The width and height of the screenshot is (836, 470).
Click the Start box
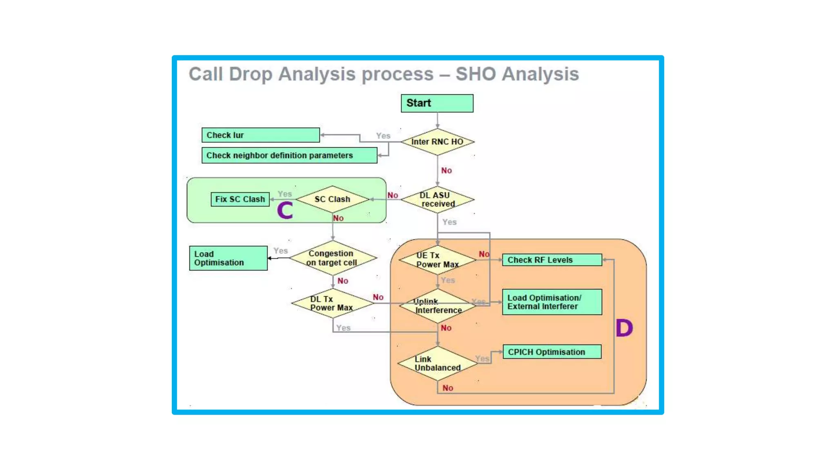tap(437, 103)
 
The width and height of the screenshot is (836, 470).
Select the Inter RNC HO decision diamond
tap(437, 142)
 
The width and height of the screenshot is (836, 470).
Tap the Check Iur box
tap(260, 135)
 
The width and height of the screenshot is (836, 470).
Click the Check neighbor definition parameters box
tap(289, 155)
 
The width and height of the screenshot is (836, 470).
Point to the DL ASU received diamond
tap(437, 200)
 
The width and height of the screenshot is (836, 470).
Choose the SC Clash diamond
tap(332, 199)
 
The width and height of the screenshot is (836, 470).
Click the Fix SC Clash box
tap(240, 199)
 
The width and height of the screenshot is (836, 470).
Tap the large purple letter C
tap(285, 211)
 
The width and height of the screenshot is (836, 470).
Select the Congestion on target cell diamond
tap(332, 258)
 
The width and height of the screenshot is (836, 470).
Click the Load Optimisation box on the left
tap(228, 258)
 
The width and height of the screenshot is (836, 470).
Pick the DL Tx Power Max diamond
tap(331, 304)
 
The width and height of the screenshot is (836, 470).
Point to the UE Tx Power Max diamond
tap(437, 260)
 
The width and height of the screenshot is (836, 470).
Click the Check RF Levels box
tap(552, 260)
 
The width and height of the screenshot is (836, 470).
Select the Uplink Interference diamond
tap(437, 306)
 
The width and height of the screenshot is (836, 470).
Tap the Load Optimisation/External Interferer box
tap(552, 302)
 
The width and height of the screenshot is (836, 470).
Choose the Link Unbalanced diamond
tap(437, 364)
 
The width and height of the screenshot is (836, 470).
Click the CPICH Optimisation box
tap(552, 352)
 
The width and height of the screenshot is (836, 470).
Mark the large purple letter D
tap(624, 328)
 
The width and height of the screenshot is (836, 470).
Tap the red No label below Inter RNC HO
tap(446, 171)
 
